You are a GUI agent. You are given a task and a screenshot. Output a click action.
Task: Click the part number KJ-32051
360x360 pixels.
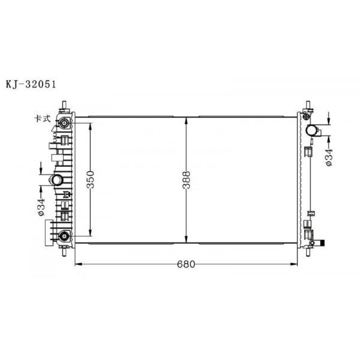pyautogui.click(x=31, y=85)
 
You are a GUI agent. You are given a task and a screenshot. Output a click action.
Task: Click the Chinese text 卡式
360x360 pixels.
pyautogui.click(x=42, y=119)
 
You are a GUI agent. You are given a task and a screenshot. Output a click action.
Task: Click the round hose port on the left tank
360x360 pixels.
pyautogui.click(x=56, y=180)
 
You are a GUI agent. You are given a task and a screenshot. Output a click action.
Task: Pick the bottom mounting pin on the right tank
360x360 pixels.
pyautogui.click(x=307, y=252)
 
